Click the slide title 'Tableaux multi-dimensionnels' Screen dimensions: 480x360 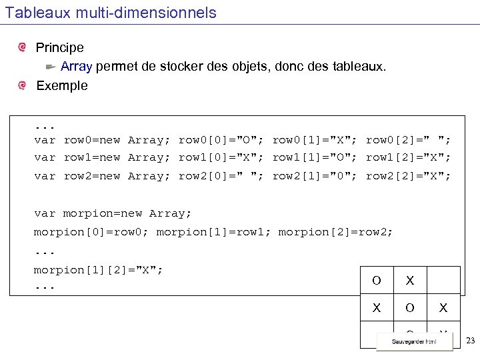point(111,13)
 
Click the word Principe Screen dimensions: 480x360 point(60,48)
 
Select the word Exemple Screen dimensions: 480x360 point(62,85)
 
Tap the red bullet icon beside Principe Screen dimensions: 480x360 point(23,47)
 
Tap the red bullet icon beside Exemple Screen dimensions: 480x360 point(23,85)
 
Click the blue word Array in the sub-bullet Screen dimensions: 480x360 point(77,67)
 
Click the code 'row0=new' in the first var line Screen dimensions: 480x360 point(92,140)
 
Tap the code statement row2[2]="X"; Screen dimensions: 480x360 point(409,176)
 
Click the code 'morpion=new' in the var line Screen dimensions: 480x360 point(103,213)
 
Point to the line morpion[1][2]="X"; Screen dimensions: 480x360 point(99,269)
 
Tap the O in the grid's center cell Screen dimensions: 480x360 point(410,308)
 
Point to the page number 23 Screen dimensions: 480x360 point(471,341)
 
